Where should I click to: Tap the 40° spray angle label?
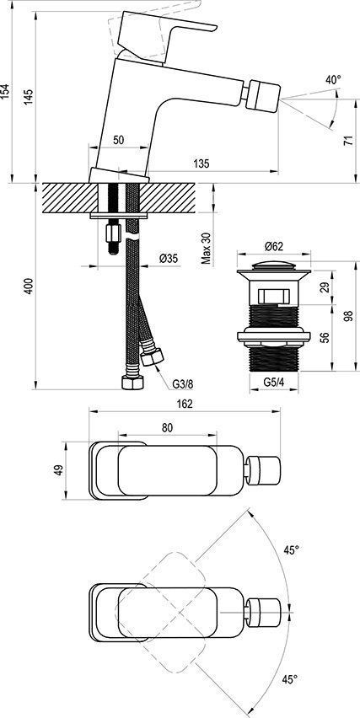point(333,79)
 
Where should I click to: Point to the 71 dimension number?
point(349,140)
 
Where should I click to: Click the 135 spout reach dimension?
point(201,163)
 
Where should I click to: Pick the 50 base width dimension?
point(119,140)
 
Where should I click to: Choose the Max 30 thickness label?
point(207,249)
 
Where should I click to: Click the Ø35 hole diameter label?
point(169,259)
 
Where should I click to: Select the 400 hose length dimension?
point(29,287)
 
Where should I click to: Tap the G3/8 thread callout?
point(183,384)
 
